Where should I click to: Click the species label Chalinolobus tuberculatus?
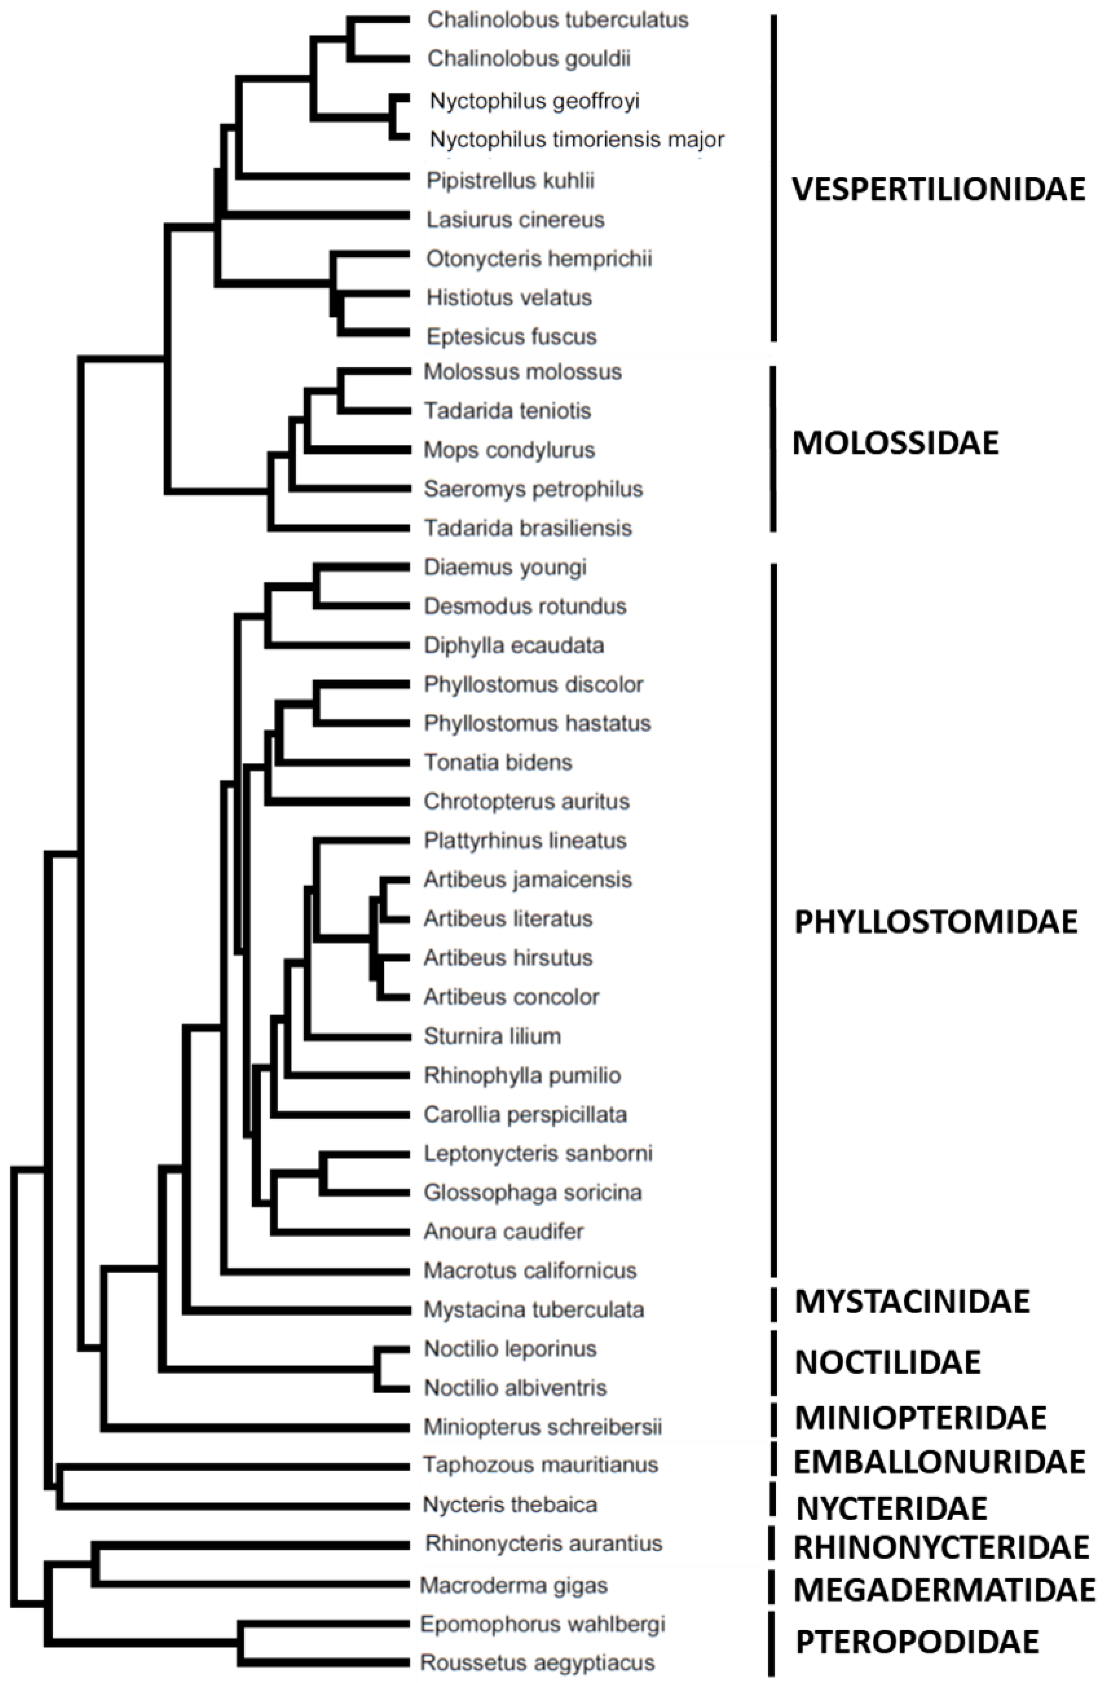coord(557,20)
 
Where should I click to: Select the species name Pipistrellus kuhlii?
coord(510,181)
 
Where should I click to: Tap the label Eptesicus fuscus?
coord(512,337)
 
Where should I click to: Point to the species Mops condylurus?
coord(509,450)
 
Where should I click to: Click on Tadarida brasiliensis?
coord(528,528)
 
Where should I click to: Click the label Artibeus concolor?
coord(512,997)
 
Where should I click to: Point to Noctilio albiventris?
coord(515,1388)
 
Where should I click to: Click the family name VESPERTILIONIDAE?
coord(938,189)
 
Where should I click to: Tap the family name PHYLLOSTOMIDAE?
coord(936,922)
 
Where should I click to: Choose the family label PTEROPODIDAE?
coord(917,1642)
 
